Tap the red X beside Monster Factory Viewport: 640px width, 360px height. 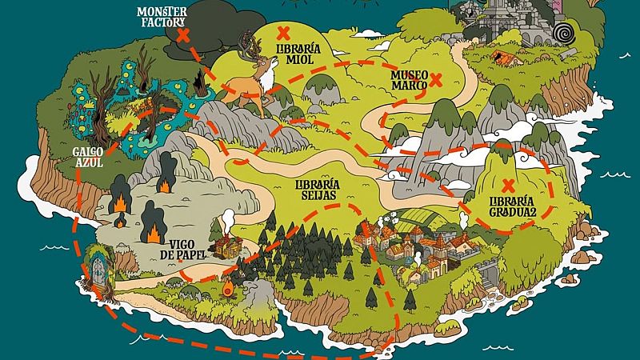(183, 36)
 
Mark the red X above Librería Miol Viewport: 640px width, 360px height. (283, 33)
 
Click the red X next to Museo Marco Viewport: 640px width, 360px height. (436, 79)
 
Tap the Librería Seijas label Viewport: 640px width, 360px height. (318, 188)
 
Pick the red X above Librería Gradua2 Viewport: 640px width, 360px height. (506, 185)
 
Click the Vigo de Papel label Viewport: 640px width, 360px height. (188, 247)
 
